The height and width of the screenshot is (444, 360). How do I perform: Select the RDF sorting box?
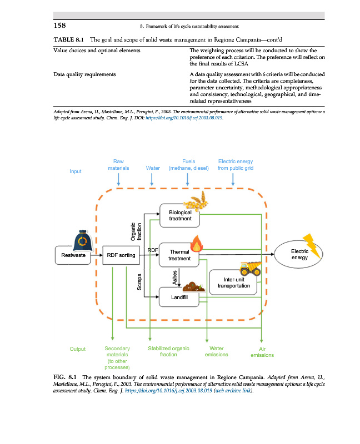point(121,256)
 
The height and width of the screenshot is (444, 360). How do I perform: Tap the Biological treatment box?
point(179,216)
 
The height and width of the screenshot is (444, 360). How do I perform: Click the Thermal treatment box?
point(179,255)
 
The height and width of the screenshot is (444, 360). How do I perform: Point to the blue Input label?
point(75,171)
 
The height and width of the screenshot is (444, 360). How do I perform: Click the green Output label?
point(78,349)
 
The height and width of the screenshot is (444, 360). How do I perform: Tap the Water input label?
point(152,168)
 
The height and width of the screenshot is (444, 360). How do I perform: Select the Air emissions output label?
point(262,352)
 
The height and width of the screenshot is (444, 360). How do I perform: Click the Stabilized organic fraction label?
point(168,351)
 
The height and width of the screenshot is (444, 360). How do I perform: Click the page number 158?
point(61,24)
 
